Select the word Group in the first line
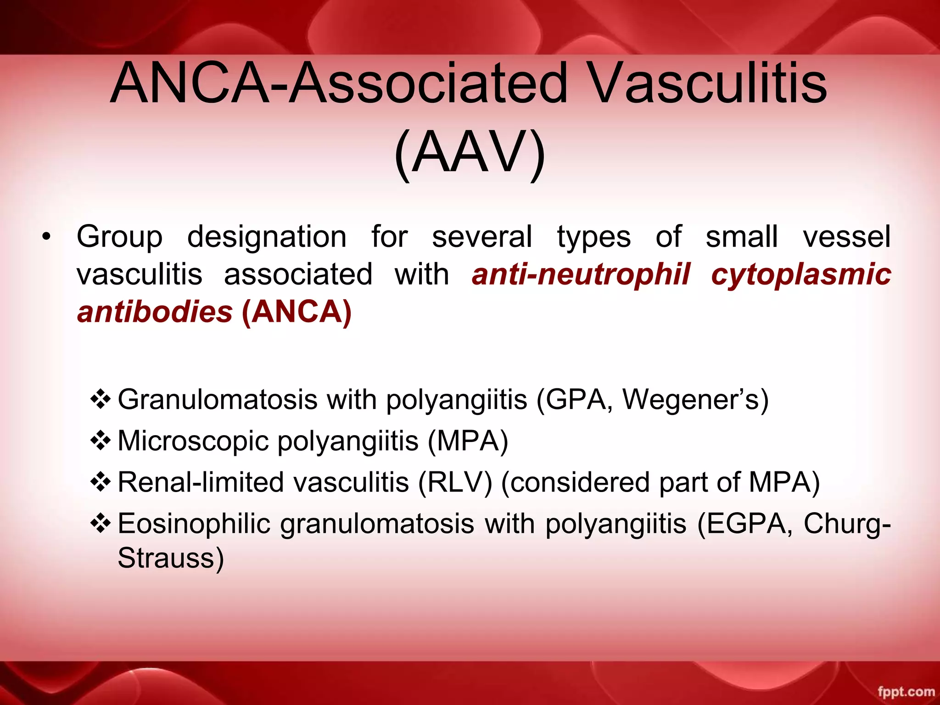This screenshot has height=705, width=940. (119, 237)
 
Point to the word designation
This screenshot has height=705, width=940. (267, 237)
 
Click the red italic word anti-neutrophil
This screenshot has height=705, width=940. (581, 274)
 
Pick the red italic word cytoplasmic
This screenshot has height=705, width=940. (801, 274)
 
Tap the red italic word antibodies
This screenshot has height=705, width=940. (155, 312)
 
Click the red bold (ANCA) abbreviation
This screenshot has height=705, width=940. (297, 312)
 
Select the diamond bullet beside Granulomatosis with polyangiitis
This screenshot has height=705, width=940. (101, 399)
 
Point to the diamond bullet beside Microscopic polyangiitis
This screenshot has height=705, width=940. (101, 441)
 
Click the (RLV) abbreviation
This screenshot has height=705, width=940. (455, 482)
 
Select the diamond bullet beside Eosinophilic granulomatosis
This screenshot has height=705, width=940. (101, 524)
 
